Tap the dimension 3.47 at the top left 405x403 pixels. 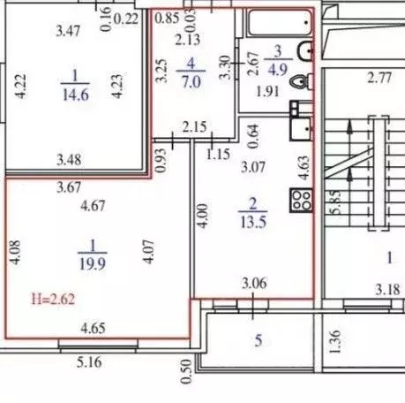(x=69, y=32)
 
